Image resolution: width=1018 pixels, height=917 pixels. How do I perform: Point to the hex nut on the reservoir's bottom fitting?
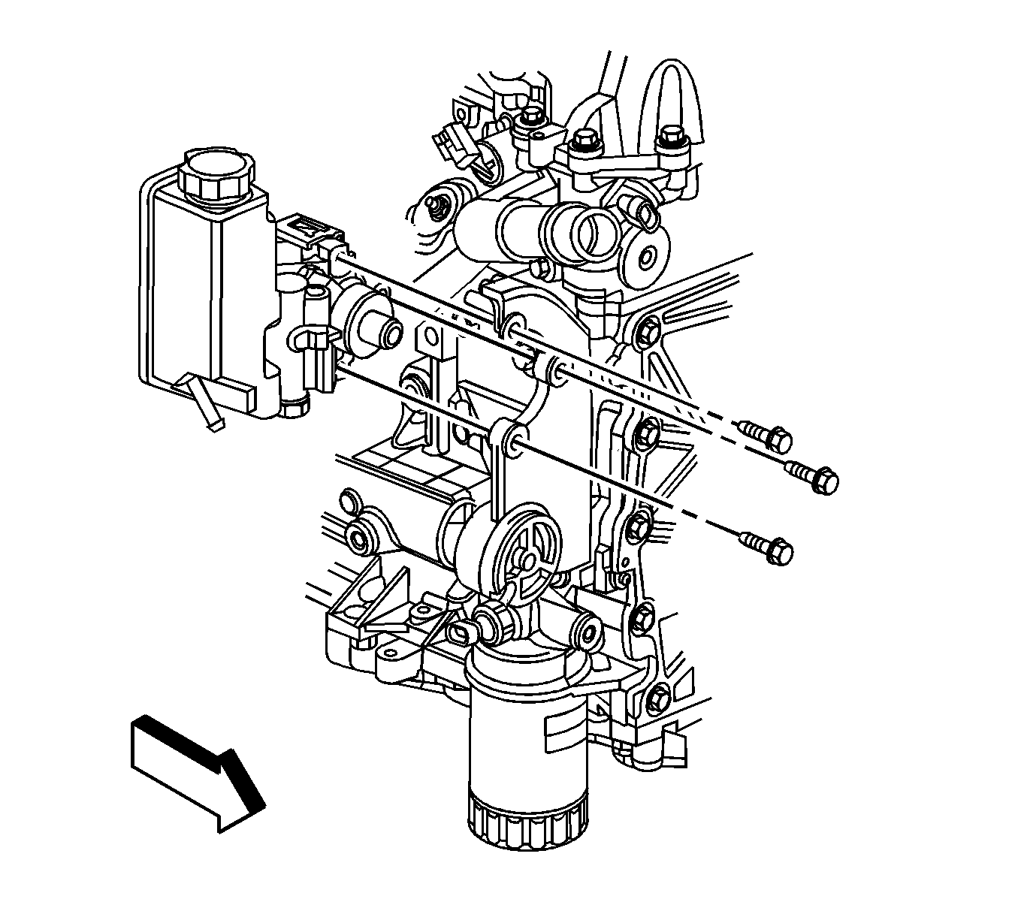click(x=295, y=406)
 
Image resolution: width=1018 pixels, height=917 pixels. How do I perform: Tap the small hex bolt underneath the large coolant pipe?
click(x=538, y=268)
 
